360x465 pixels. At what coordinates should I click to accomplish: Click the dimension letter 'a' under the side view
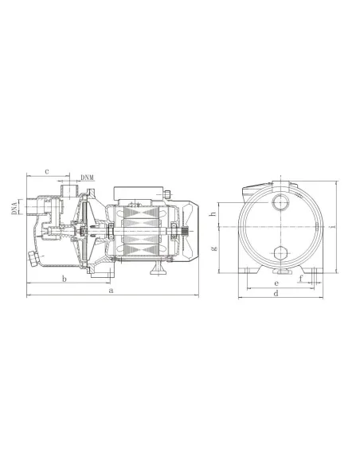[x=111, y=292]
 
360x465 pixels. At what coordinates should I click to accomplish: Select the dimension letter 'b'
[x=63, y=279]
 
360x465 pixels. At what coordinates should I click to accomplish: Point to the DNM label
[x=88, y=177]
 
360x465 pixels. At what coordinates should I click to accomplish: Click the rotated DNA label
[x=14, y=209]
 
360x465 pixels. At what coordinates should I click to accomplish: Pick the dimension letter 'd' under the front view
[x=276, y=294]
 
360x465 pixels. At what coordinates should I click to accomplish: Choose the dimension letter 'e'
[x=276, y=283]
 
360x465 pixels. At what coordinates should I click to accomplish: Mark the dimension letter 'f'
[x=301, y=278]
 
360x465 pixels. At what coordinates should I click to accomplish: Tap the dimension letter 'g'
[x=213, y=248]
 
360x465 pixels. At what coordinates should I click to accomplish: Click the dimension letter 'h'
[x=213, y=213]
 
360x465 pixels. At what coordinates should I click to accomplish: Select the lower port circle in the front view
[x=280, y=254]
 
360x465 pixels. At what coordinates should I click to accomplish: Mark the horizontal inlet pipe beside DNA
[x=31, y=209]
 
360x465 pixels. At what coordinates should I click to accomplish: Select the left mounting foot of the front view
[x=249, y=275]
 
